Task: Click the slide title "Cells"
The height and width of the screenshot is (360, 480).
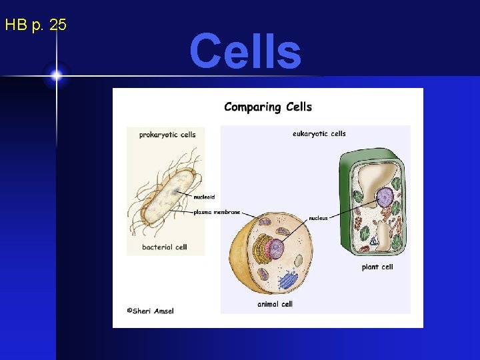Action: [x=245, y=51]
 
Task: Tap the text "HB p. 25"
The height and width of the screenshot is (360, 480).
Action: [x=35, y=25]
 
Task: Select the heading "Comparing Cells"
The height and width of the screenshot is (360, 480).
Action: [x=268, y=107]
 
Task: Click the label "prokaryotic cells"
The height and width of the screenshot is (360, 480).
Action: [x=167, y=134]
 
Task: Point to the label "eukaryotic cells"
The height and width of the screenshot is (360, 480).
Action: [x=319, y=133]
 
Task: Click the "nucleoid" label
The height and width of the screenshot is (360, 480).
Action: [x=204, y=197]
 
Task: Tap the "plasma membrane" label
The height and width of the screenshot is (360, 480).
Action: [x=217, y=212]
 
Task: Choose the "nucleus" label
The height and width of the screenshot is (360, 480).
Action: [x=318, y=218]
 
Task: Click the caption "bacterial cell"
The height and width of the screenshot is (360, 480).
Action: [x=165, y=247]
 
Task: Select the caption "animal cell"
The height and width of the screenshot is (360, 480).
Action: [x=275, y=304]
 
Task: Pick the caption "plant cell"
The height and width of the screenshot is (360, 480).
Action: [x=377, y=267]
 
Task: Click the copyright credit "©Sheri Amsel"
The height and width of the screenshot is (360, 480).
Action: [x=150, y=311]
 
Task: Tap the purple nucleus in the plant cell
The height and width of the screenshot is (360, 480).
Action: [x=385, y=197]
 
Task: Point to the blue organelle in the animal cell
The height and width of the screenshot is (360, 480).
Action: [x=287, y=280]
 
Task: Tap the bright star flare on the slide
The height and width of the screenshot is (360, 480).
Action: [x=56, y=75]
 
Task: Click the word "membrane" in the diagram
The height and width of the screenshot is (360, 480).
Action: [x=227, y=212]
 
